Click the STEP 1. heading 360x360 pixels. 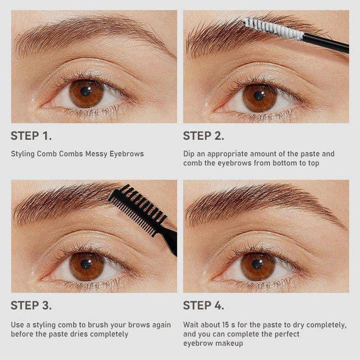31,136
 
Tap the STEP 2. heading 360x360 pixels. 204,136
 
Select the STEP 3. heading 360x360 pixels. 31,305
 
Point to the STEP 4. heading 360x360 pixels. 204,305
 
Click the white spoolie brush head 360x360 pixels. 273,29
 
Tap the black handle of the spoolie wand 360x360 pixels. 326,43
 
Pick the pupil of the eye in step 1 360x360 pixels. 85,92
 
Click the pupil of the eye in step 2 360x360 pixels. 259,96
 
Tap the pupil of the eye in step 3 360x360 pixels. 86,264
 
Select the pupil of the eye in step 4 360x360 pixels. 257,264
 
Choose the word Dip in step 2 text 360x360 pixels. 189,154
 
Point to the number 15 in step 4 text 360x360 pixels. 226,325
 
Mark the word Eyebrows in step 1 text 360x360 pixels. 127,154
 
